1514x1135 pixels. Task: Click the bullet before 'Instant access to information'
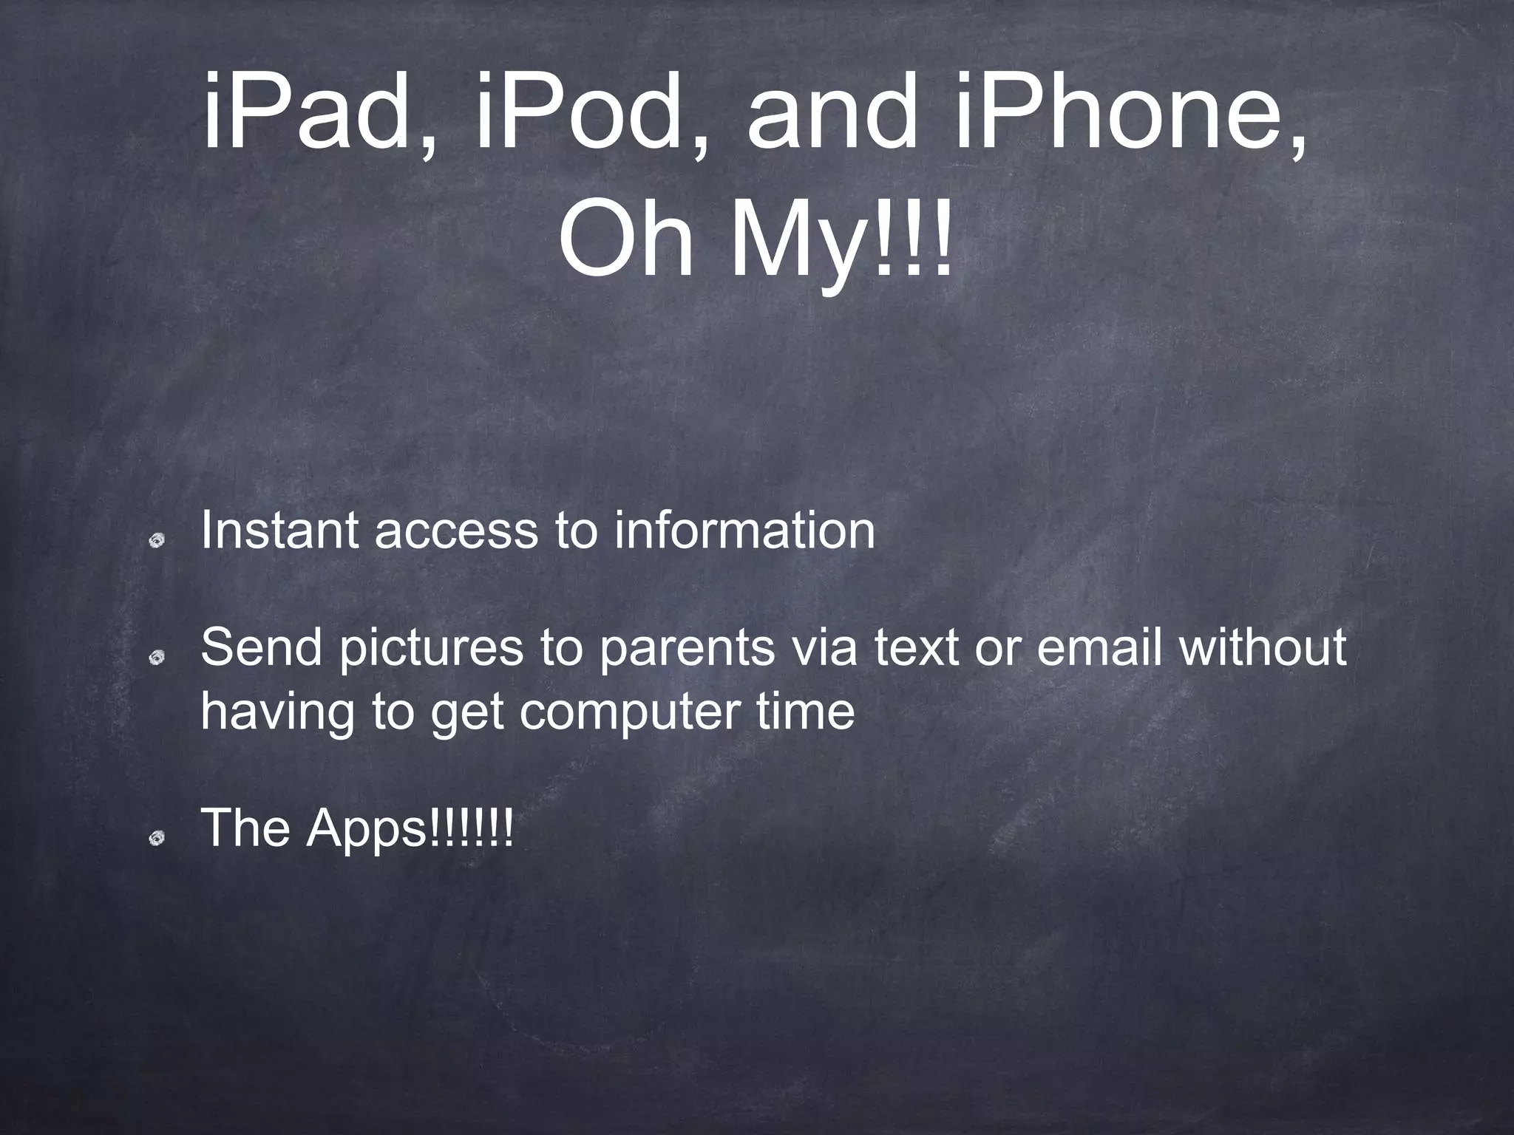point(156,542)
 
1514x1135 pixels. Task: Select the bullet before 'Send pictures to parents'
point(156,658)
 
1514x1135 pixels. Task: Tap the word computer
point(628,712)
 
